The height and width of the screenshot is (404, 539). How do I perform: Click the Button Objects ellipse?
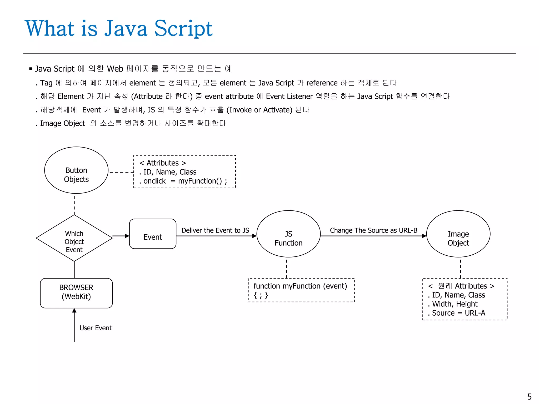76,170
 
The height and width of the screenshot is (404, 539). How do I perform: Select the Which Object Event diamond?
74,238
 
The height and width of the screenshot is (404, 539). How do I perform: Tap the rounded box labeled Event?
153,234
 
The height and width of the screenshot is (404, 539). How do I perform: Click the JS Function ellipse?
288,234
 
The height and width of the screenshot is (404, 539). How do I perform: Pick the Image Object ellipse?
458,234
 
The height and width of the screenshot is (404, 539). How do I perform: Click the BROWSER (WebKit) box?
76,293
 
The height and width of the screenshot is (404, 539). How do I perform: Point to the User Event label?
96,328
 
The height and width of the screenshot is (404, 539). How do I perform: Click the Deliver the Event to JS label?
215,230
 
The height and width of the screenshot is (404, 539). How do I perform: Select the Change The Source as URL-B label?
373,230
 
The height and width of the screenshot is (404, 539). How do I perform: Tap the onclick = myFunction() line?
183,181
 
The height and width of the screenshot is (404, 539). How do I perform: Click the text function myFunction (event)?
300,286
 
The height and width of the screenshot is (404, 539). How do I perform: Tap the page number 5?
530,396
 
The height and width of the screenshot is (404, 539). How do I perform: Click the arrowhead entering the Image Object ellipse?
424,236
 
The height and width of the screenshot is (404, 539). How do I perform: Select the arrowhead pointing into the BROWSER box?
74,311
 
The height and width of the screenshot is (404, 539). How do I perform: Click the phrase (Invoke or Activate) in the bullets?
259,110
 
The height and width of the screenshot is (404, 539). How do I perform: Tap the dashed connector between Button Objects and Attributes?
121,172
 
